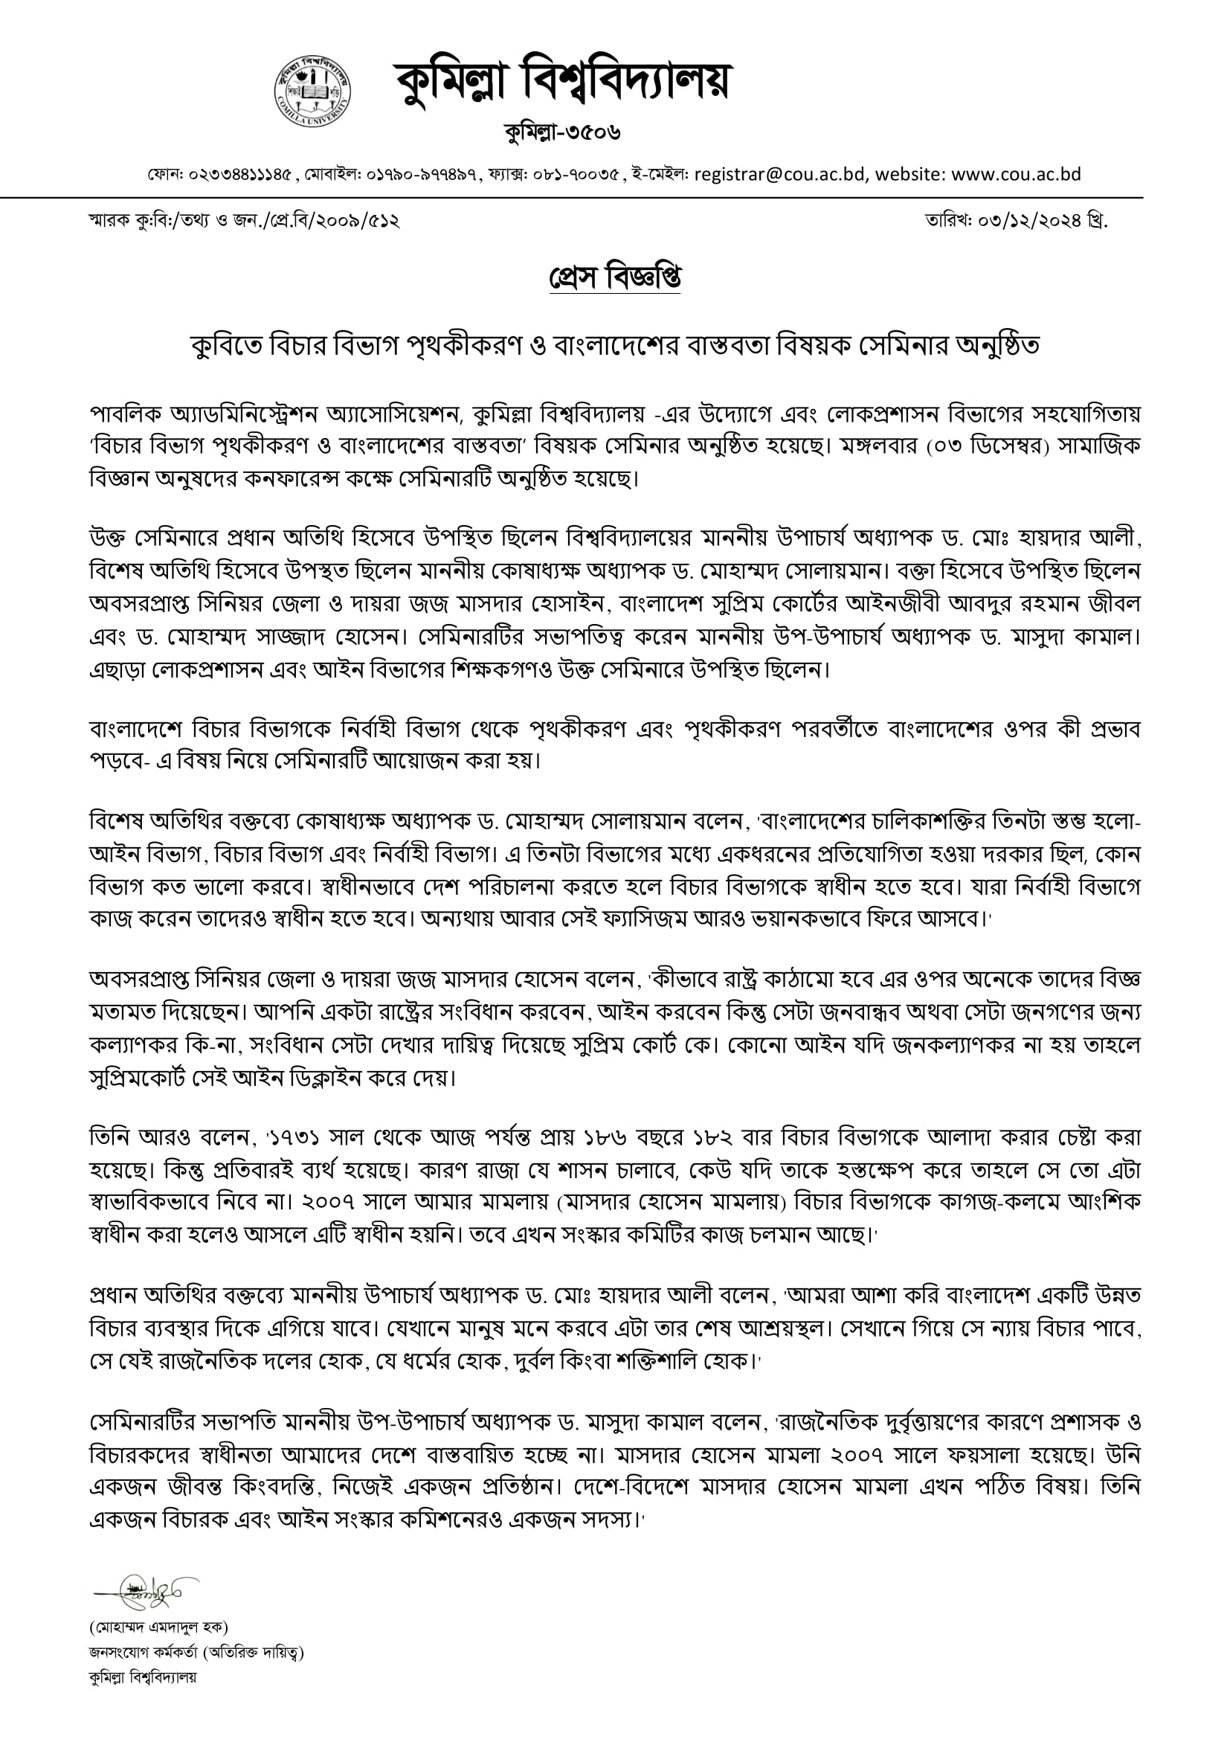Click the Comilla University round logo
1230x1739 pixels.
312,91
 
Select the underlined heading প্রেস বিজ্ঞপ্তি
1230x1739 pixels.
614,277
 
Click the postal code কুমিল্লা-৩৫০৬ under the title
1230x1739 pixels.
562,132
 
